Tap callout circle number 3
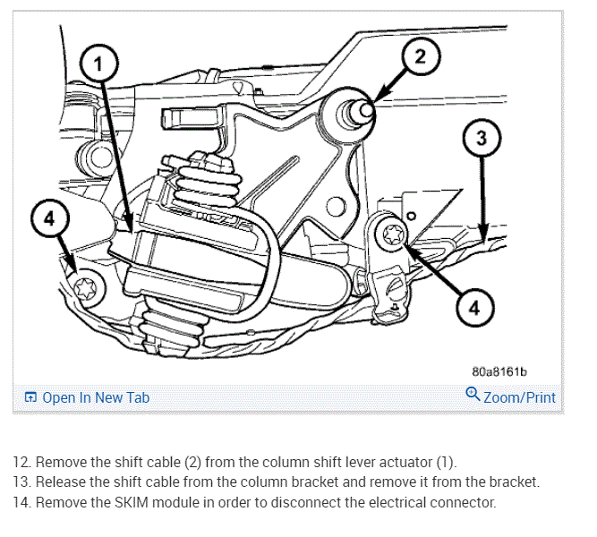coord(481,139)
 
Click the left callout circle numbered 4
coord(48,219)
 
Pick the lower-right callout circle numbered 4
coord(473,308)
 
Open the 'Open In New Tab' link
coord(96,397)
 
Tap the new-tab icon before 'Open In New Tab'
coord(31,397)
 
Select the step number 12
coord(21,462)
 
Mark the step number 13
coord(21,482)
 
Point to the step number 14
coord(21,503)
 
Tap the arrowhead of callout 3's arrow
coord(484,236)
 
